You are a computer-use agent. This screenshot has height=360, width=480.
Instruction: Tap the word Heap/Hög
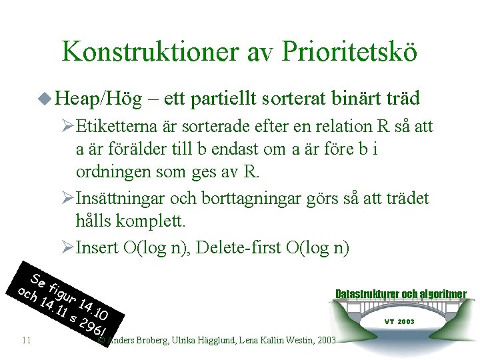pyautogui.click(x=99, y=99)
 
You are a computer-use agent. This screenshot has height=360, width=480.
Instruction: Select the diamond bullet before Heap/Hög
pyautogui.click(x=45, y=99)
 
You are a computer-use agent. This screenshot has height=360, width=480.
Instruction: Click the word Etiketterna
pyautogui.click(x=116, y=126)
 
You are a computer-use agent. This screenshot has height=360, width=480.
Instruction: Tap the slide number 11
pyautogui.click(x=27, y=341)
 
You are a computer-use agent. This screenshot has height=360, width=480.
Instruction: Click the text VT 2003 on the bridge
pyautogui.click(x=399, y=321)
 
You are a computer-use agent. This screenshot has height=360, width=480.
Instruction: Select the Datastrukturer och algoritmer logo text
pyautogui.click(x=400, y=294)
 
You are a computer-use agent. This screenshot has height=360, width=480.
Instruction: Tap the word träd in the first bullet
pyautogui.click(x=402, y=99)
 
